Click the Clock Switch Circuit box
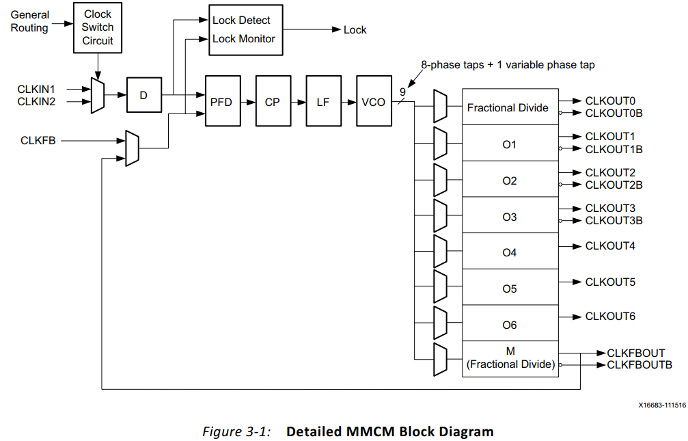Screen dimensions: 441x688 pyautogui.click(x=98, y=27)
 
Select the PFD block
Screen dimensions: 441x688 pyautogui.click(x=221, y=102)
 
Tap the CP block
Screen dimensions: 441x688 pyautogui.click(x=272, y=102)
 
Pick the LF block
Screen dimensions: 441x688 pyautogui.click(x=323, y=102)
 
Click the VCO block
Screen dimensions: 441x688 pyautogui.click(x=374, y=102)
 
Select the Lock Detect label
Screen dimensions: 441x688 pyautogui.click(x=241, y=21)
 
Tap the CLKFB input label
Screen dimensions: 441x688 pyautogui.click(x=38, y=141)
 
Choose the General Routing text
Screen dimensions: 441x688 pyautogui.click(x=30, y=21)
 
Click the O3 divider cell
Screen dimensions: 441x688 pyautogui.click(x=510, y=217)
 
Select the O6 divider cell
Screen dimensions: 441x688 pyautogui.click(x=510, y=325)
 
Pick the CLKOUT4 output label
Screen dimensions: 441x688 pyautogui.click(x=610, y=245)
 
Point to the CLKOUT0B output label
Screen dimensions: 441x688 pyautogui.click(x=614, y=113)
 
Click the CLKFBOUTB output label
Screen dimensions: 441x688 pyautogui.click(x=639, y=365)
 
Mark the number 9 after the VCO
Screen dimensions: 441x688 pyautogui.click(x=402, y=92)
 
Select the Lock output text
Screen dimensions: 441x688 pyautogui.click(x=355, y=30)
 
